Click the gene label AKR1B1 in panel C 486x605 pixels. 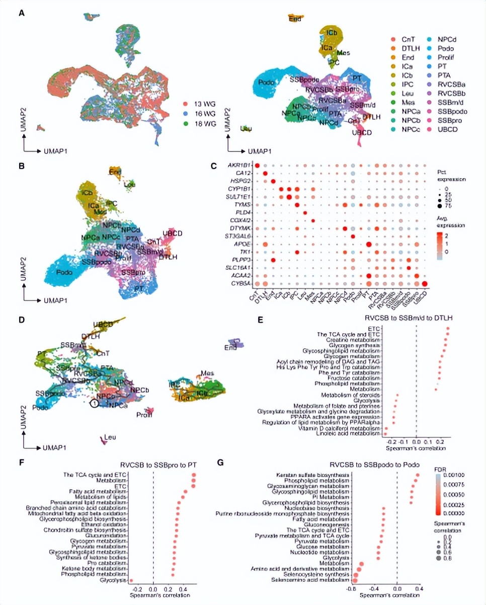pos(240,166)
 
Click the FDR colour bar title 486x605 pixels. pos(441,468)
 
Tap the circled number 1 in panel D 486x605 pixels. pos(94,403)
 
